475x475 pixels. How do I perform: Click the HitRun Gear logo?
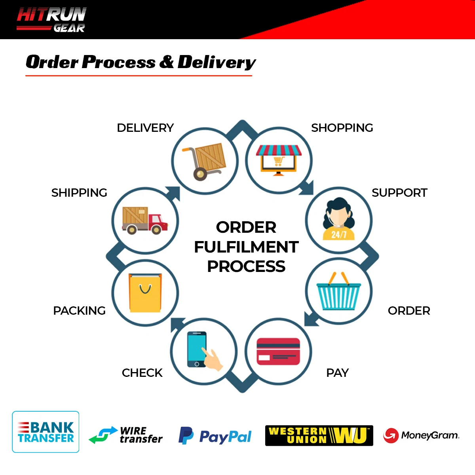(51, 20)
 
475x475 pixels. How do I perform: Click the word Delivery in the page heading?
(217, 63)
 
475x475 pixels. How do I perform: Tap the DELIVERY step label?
(145, 128)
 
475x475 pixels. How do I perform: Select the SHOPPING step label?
(342, 128)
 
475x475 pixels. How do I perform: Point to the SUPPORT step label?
(399, 193)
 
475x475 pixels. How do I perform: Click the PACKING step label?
(79, 311)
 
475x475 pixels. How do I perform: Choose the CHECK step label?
(142, 373)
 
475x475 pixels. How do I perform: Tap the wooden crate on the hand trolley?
(210, 157)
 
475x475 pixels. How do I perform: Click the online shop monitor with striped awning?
(279, 160)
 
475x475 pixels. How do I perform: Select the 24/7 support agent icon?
(338, 220)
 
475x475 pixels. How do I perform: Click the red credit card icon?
(278, 351)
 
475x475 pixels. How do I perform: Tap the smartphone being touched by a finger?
(198, 350)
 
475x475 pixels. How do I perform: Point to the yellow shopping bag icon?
(145, 293)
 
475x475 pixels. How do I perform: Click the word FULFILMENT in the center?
(246, 247)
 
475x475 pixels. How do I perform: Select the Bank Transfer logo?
(46, 432)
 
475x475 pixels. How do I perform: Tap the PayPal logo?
(215, 436)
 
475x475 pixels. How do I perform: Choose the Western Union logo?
(319, 436)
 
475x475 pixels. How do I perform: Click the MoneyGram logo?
(421, 435)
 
